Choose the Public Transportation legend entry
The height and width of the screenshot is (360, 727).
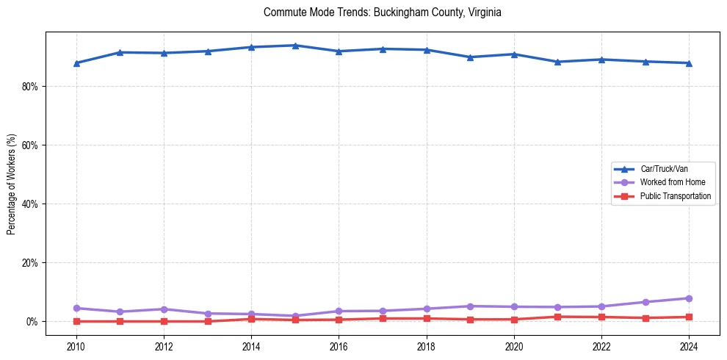tap(675, 196)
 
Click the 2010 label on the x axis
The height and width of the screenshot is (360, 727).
tap(76, 345)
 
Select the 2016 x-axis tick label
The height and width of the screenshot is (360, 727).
tap(339, 345)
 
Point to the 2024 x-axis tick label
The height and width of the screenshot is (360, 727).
tap(688, 345)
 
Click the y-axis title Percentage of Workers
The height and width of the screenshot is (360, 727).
tap(12, 184)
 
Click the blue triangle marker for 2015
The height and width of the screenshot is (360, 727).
tap(295, 46)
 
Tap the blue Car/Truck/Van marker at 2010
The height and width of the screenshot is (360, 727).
tap(76, 63)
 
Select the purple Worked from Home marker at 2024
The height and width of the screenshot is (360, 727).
tap(688, 298)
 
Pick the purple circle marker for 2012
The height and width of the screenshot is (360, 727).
tap(164, 309)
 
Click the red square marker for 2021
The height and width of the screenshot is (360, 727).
tap(557, 317)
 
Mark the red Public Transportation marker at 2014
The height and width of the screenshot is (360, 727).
tap(251, 319)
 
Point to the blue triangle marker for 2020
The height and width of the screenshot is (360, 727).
tap(513, 54)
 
